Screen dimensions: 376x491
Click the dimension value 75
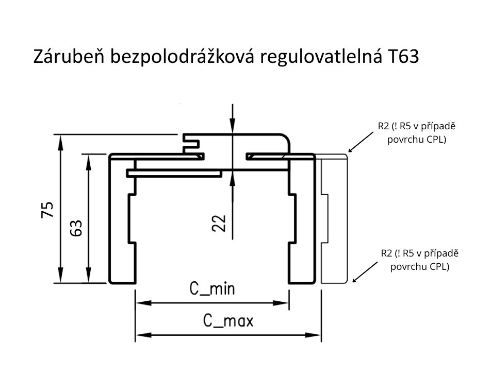pyautogui.click(x=47, y=209)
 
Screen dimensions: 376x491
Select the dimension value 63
pyautogui.click(x=76, y=228)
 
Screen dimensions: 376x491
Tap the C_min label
pyautogui.click(x=211, y=289)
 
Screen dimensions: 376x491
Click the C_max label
pyautogui.click(x=227, y=322)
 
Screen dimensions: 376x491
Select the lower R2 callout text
pyautogui.click(x=419, y=260)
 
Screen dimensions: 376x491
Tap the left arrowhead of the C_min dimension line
pyautogui.click(x=139, y=303)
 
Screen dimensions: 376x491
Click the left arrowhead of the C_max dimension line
pyautogui.click(x=139, y=335)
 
